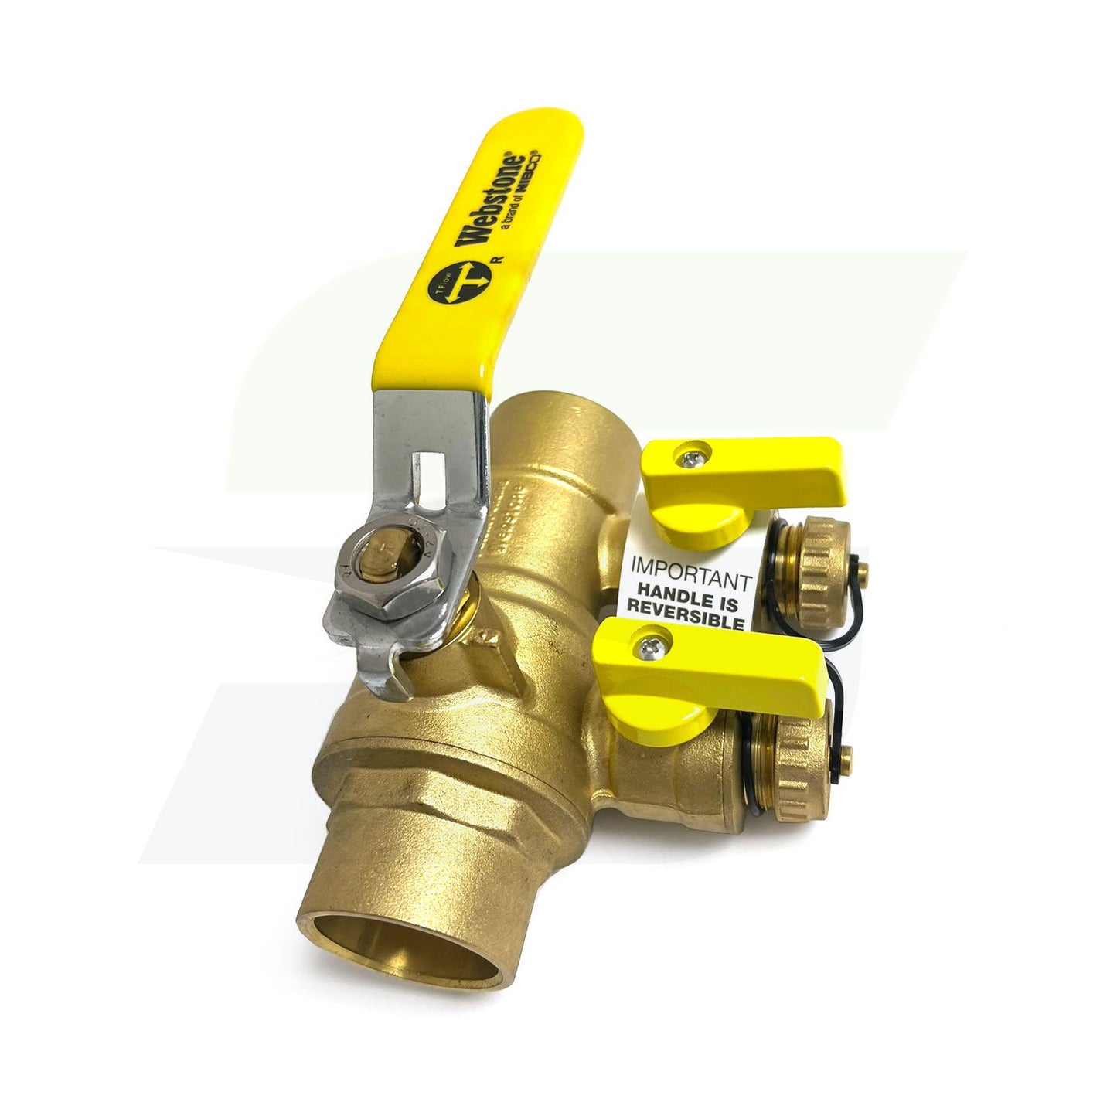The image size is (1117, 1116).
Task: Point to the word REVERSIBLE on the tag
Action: [x=686, y=622]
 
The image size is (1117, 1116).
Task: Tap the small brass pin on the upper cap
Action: [x=864, y=572]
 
